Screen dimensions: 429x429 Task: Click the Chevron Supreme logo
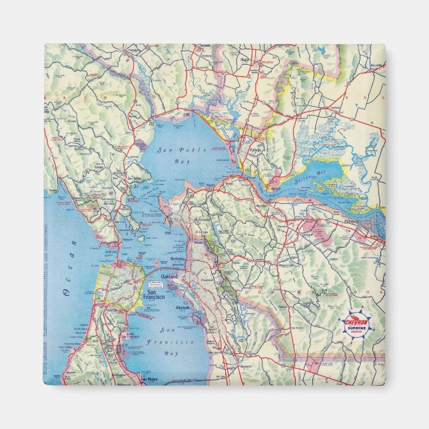[358, 325]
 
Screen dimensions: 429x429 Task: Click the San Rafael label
[135, 179]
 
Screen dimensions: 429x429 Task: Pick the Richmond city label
[201, 218]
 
